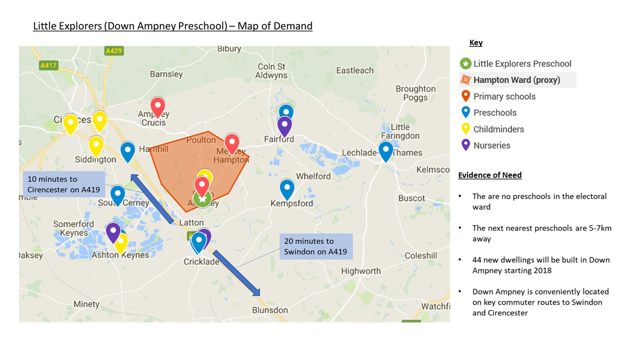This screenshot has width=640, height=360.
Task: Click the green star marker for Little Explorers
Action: point(202,199)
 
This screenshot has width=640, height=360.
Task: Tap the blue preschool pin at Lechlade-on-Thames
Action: point(385,150)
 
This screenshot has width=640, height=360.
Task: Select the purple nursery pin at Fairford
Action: point(284,125)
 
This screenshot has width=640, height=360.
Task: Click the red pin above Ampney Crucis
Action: point(158,106)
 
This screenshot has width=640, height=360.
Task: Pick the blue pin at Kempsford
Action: point(287,188)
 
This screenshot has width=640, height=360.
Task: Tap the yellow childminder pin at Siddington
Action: point(96,145)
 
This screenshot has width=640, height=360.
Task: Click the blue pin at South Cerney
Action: point(117,194)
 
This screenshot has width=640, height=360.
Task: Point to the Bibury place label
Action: point(229,49)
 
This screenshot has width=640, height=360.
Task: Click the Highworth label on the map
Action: point(360,271)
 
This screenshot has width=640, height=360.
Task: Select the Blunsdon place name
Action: point(269,310)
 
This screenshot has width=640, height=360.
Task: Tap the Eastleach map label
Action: point(355,70)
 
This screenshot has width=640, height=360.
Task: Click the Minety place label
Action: point(86,304)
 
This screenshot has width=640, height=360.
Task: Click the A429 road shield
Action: point(114,51)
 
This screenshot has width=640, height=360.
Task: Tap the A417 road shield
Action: point(48,65)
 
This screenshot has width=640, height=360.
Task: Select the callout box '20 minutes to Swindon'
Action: point(316,246)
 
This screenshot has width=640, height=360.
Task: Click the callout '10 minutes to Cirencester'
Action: point(64,184)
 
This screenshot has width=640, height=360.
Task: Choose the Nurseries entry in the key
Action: point(491,145)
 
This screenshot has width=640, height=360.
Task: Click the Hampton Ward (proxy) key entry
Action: point(516,80)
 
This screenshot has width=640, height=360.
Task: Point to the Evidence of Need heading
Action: point(490,175)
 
